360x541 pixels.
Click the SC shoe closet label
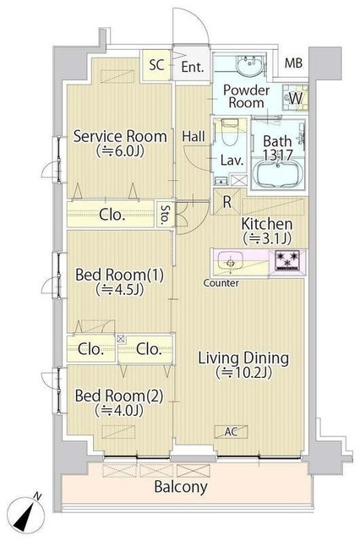coord(156,65)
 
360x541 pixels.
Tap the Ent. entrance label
coord(193,67)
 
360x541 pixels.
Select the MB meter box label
coord(293,63)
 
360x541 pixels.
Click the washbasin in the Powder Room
coord(249,66)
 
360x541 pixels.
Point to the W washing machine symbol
coord(295,98)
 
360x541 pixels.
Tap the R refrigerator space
coord(226,202)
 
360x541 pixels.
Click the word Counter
coord(221,283)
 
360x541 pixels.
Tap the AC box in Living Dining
coord(231,431)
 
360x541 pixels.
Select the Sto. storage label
coord(166,214)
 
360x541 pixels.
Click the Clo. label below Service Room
coord(112,215)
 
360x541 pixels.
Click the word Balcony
coord(181,487)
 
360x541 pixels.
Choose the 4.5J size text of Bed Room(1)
coord(119,290)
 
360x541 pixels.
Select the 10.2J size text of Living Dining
coord(243,372)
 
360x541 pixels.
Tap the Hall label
coord(194,136)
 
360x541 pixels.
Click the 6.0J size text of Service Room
coord(120,151)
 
